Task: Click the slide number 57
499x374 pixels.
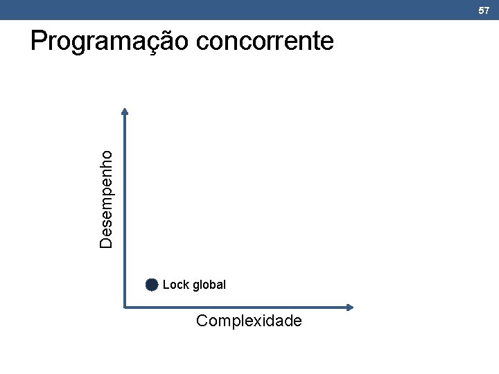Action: pos(484,10)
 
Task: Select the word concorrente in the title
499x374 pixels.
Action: pos(265,42)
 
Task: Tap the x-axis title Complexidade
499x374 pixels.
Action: pos(249,321)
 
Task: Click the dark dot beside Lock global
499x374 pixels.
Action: pos(152,285)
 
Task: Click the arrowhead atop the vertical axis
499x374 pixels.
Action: pos(125,110)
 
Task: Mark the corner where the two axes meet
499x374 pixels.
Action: pos(125,307)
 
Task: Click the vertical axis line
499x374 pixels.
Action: pos(125,208)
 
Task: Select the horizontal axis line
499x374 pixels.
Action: pos(236,307)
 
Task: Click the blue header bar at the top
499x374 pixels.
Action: pos(249,10)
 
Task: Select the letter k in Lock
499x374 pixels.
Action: pos(186,285)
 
